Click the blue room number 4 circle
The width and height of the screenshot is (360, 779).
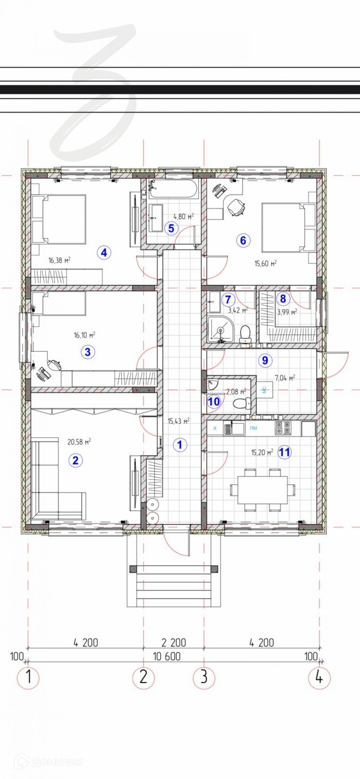point(104,252)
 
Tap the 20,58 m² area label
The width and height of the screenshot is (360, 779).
point(79,442)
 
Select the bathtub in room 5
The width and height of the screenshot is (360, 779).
point(173,189)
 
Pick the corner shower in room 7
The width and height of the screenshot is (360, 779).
point(220,329)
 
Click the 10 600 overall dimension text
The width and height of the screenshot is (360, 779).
point(167,656)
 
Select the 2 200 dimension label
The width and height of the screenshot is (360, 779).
point(174,642)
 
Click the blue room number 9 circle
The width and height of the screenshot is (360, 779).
point(265,360)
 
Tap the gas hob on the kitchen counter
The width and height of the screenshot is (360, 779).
point(283,428)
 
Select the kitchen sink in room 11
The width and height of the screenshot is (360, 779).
point(234,429)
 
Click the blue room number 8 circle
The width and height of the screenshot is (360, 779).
point(283,299)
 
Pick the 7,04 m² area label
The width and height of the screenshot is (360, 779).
point(285,378)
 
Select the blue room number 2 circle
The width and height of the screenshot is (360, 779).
point(75,460)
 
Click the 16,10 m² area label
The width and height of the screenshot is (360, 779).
point(85,335)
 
